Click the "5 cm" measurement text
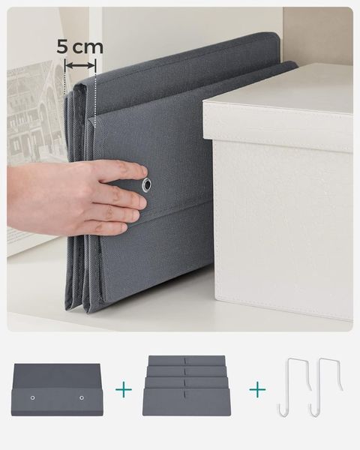click(80, 46)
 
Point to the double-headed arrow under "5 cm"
click(80, 67)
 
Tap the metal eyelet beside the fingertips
click(147, 184)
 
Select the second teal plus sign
click(257, 390)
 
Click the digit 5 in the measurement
click(63, 46)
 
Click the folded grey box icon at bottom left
click(56, 388)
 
